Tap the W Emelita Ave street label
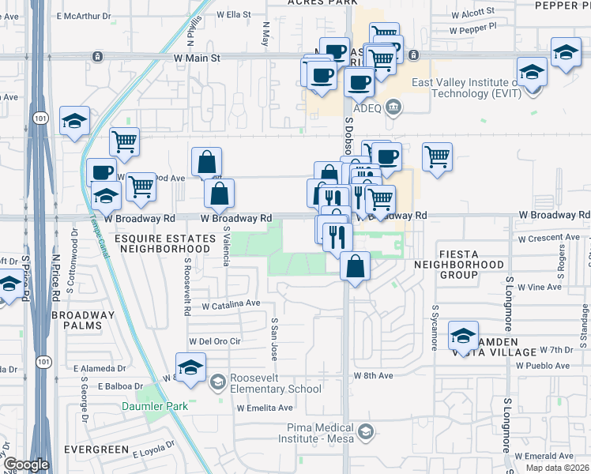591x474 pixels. point(265,408)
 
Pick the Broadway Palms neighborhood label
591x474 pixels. point(82,320)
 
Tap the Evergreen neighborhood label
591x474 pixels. point(97,450)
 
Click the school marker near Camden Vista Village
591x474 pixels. point(463,336)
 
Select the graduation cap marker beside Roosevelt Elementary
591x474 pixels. point(190,369)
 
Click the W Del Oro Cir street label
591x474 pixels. point(213,341)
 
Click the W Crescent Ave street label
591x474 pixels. point(548,238)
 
